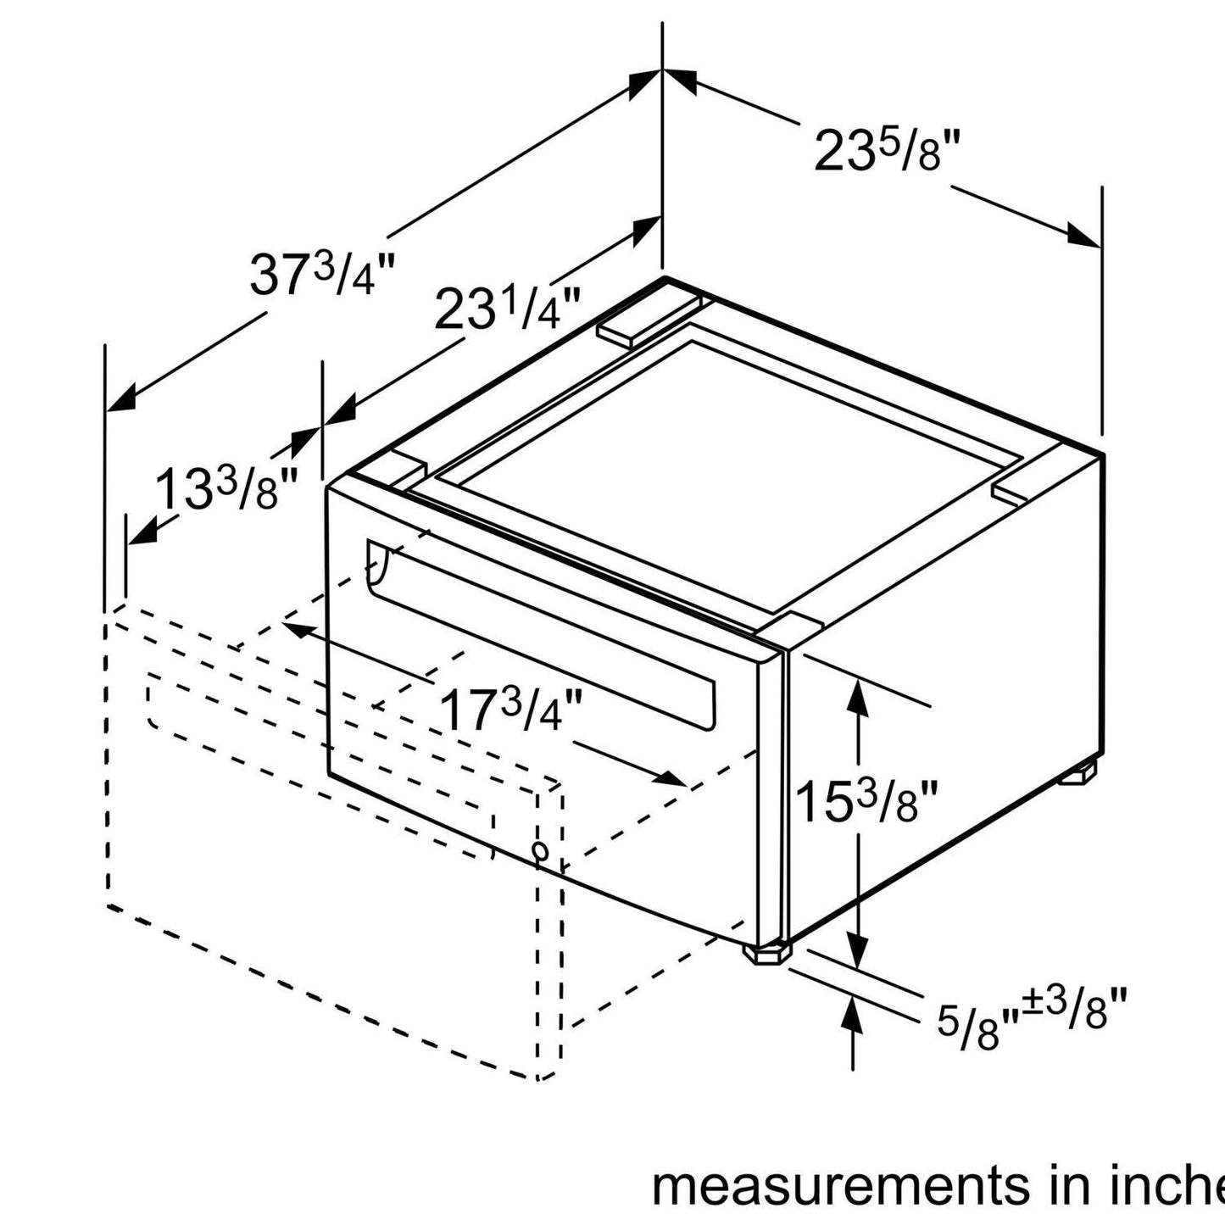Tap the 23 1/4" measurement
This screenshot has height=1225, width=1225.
coord(508,309)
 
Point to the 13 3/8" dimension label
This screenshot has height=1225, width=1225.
coord(228,490)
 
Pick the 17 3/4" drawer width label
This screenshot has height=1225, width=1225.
coord(512,711)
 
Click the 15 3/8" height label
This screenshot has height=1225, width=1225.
coord(866,802)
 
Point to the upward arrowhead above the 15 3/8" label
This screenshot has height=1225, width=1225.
coord(858,695)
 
